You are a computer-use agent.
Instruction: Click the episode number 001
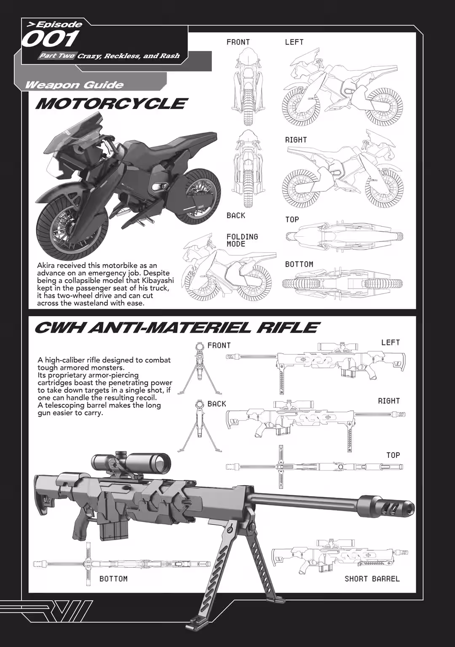[x=50, y=39]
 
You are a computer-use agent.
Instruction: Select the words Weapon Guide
[x=75, y=85]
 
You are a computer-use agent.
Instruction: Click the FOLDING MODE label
[x=242, y=241]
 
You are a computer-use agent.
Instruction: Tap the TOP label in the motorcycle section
[x=292, y=219]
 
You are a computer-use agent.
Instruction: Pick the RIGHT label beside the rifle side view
[x=389, y=401]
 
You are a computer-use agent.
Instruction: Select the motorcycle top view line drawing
[x=344, y=237]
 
